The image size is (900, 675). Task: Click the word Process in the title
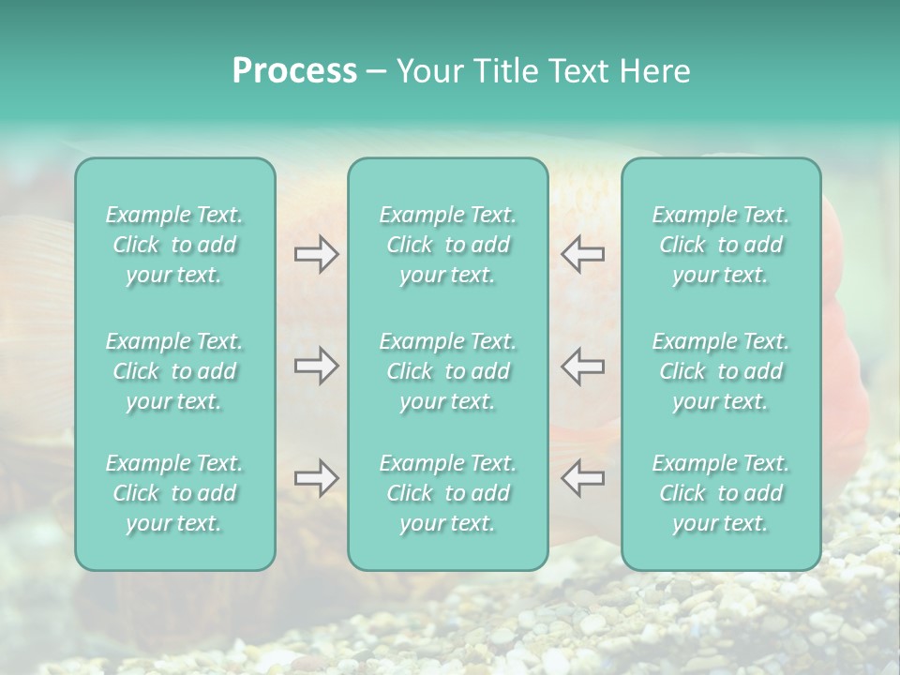pos(294,71)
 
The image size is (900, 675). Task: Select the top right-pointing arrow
pos(316,254)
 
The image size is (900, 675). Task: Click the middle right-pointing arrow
pos(316,366)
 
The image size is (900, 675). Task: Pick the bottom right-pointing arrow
pos(316,478)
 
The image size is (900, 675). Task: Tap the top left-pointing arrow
pos(582,254)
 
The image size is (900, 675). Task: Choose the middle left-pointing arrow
pos(582,366)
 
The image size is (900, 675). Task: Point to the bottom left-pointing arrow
pos(582,478)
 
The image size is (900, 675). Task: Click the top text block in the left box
pos(174,245)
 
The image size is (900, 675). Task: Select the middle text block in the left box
pos(174,371)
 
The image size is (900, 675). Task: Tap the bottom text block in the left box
pos(174,493)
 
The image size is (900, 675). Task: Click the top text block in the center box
pos(448,245)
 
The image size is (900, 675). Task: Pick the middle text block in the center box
pos(448,371)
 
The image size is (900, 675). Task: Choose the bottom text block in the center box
pos(448,493)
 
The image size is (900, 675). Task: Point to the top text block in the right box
pos(721,245)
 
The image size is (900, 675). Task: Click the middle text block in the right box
pos(721,371)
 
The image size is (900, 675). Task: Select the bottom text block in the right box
pos(721,493)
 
